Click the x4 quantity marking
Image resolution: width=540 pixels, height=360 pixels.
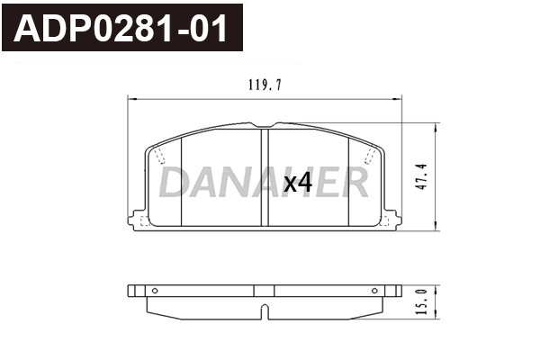(x=297, y=184)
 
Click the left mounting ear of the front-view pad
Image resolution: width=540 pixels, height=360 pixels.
(x=138, y=220)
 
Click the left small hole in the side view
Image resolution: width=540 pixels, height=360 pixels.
(x=154, y=291)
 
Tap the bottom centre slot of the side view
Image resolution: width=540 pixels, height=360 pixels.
(x=265, y=313)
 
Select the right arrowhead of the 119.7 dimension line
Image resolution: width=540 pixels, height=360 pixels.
(x=397, y=97)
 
